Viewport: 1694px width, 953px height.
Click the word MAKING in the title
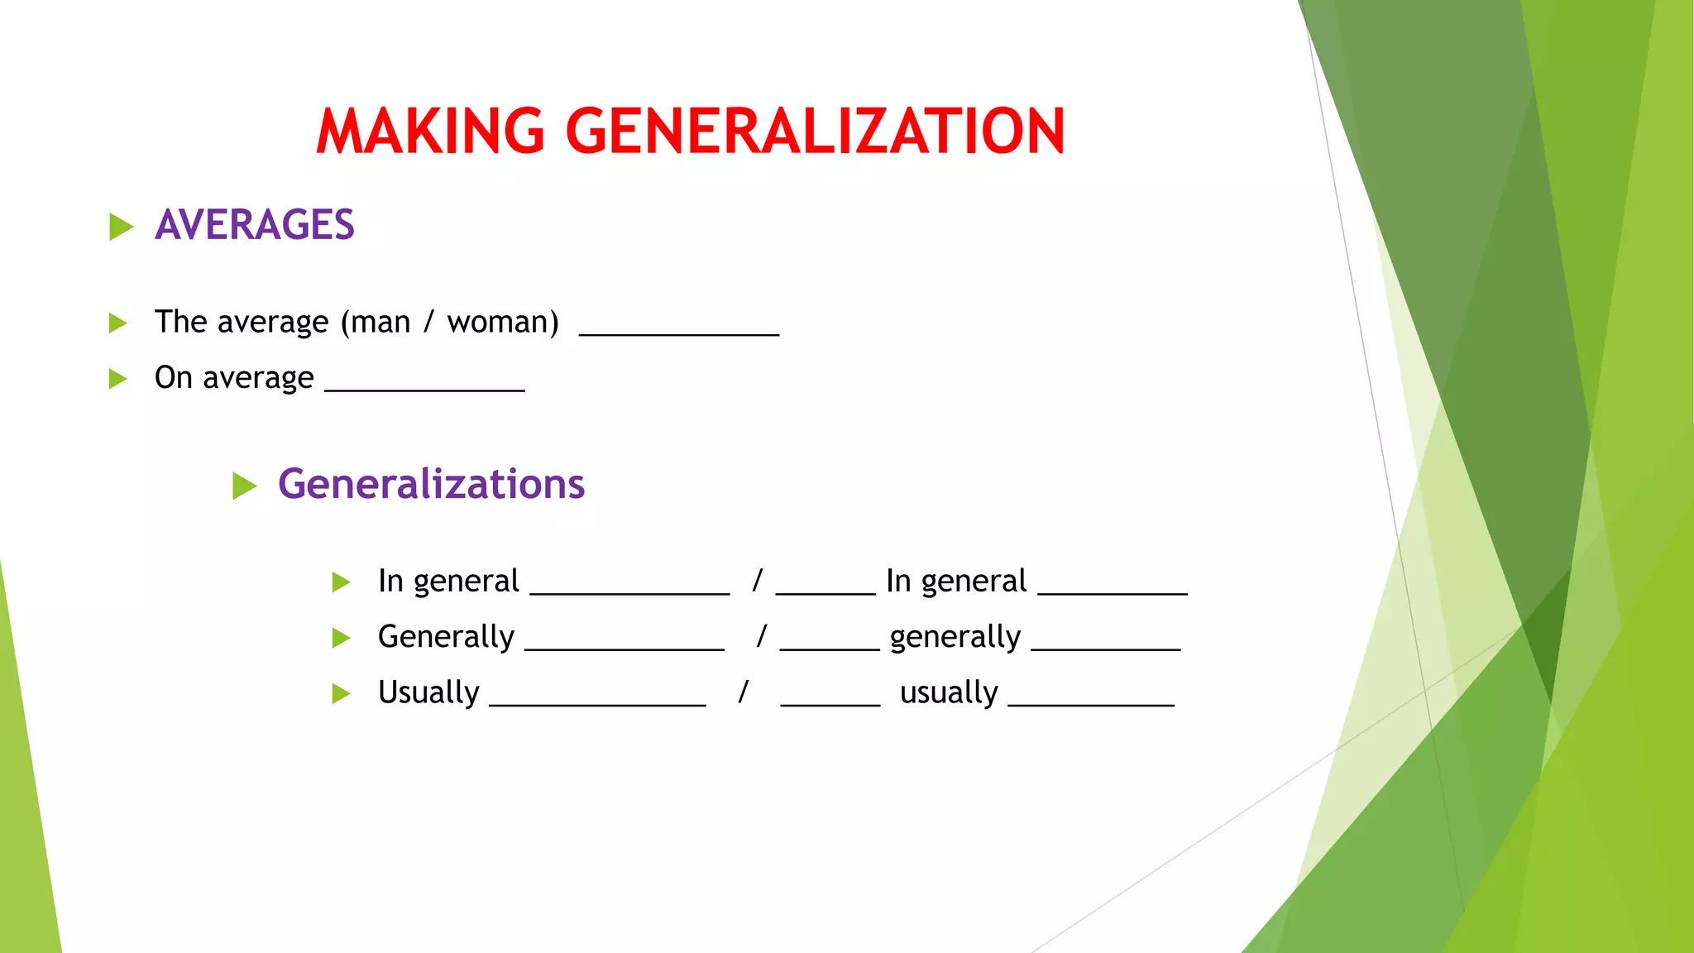[x=430, y=132]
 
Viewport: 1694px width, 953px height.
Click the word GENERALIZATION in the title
[x=815, y=132]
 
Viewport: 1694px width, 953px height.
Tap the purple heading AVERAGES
[x=254, y=225]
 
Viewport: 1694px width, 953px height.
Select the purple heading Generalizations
[x=431, y=484]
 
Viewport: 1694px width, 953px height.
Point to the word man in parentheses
[x=380, y=322]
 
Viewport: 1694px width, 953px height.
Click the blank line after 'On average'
[x=424, y=388]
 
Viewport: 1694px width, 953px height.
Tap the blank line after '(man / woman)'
[x=679, y=333]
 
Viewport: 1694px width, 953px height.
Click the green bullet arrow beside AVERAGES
[x=121, y=226]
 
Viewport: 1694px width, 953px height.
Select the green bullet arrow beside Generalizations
[x=244, y=486]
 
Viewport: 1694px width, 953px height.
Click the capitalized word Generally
[x=446, y=637]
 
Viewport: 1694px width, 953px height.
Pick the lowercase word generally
[x=955, y=637]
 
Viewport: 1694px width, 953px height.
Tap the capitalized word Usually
[x=428, y=692]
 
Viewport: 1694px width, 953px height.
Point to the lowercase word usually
[x=949, y=692]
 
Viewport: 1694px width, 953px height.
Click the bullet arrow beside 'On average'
[x=118, y=379]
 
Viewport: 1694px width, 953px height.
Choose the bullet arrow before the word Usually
[x=341, y=693]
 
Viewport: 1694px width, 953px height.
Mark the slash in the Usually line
[x=744, y=692]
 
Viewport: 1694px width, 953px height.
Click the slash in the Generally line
[x=762, y=636]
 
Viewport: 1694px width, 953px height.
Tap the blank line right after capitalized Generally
[x=624, y=649]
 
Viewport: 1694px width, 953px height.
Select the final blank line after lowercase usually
[x=1091, y=704]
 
